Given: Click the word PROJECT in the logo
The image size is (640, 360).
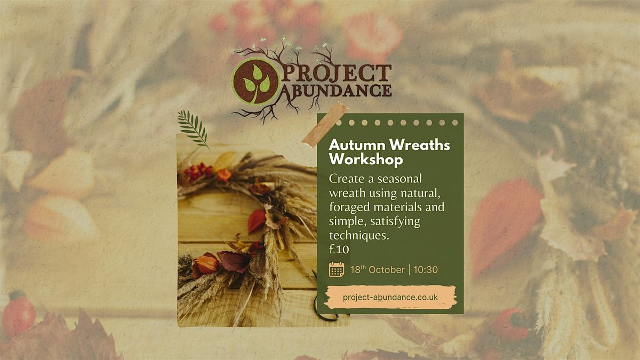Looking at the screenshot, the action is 337,73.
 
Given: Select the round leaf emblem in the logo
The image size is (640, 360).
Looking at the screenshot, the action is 255,82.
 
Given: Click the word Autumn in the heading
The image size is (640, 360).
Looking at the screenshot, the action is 357,145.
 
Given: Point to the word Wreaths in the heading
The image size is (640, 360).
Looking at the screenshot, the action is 420,145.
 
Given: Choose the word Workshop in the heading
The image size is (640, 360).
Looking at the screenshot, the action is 366,159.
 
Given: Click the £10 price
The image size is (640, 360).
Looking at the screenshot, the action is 339,250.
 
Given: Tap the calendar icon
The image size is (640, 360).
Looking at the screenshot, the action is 337,269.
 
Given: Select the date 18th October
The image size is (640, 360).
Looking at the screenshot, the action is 378,269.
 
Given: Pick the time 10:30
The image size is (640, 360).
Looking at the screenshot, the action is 426,270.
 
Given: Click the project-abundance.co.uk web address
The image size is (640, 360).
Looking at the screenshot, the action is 390,297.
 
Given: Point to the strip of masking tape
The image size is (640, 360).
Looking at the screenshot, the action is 325,125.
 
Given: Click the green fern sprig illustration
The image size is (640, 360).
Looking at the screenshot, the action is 193,129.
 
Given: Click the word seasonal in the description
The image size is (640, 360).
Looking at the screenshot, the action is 399,179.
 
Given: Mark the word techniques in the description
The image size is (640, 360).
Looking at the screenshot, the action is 359,236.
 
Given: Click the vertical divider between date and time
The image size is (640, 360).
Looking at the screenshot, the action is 410,270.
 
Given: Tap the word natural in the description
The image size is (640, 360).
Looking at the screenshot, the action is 420,194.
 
